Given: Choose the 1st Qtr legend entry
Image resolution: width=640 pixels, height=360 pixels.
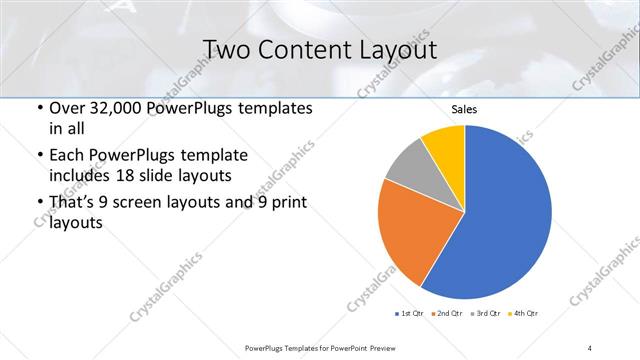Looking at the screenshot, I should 410,314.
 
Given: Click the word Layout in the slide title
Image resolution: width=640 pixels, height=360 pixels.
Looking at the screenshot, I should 395,49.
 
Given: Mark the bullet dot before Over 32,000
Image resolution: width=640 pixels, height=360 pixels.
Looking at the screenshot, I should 38,108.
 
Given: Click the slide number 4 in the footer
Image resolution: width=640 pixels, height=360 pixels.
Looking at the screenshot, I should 590,347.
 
